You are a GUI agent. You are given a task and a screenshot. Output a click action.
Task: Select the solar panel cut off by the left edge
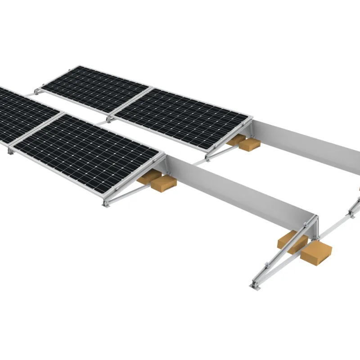22,112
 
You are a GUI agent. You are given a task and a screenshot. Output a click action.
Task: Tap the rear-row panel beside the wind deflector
182,117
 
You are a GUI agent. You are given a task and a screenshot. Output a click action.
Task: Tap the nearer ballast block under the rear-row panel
249,144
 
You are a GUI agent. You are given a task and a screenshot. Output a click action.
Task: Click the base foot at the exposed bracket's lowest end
255,284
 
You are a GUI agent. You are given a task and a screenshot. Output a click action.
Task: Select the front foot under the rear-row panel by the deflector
207,157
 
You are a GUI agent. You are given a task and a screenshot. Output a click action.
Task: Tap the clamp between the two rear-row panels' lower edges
109,119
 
